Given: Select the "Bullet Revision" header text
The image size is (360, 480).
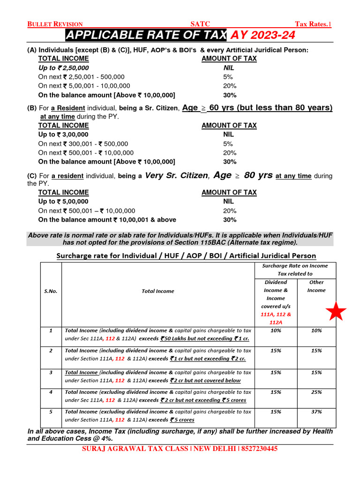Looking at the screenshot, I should coord(55,24).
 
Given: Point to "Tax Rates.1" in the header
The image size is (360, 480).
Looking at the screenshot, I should coord(313,24).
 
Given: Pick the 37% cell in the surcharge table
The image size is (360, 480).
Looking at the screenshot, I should coord(316,412).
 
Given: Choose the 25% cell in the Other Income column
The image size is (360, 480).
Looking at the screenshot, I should coord(316,392).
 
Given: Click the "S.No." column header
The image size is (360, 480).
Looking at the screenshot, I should coord(51,291).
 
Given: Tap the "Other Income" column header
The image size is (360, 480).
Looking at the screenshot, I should coord(316,286).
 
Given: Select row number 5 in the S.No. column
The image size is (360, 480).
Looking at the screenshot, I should coord(51,412).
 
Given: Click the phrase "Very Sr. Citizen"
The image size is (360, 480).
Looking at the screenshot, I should coord(176,176).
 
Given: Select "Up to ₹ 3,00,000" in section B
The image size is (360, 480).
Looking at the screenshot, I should coord(63,135).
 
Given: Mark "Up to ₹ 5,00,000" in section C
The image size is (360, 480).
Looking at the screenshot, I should coord(63,202).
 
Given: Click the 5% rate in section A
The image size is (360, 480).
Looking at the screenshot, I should coord(228,77).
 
